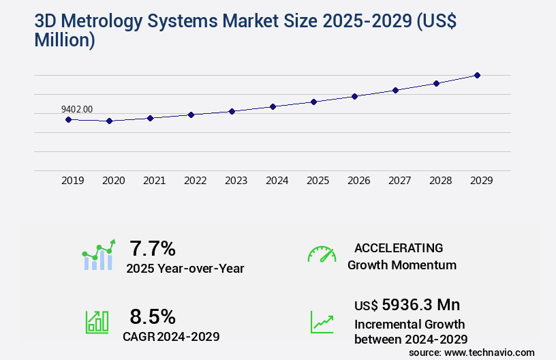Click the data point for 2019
pos(68,119)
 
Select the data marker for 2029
pos(477,75)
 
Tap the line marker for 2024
pos(273,106)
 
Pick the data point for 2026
pos(354,96)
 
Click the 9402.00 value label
pos(77,109)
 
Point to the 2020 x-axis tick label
pos(114,181)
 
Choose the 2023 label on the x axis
pos(236,181)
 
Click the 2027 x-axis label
pos(400,181)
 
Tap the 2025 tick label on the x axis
pos(318,181)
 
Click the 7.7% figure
pos(153,247)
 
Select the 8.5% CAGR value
pos(153,316)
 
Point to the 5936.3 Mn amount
pos(421,305)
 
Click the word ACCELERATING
pos(399,248)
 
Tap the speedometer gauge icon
pos(322,254)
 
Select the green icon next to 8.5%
pos(97,322)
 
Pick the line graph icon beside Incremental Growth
pos(322,322)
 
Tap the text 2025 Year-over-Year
pos(185,269)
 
